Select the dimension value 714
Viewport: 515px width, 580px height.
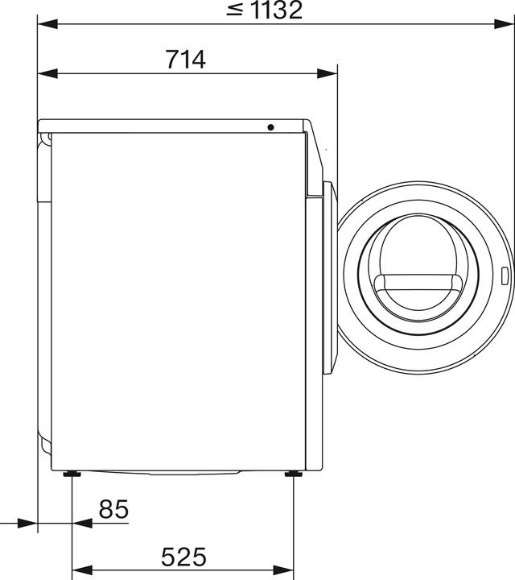186,60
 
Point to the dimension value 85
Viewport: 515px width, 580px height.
113,510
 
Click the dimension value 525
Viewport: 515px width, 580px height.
183,557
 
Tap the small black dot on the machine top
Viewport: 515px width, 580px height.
270,127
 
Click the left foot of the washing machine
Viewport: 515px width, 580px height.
72,474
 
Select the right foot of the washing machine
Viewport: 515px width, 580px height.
291,474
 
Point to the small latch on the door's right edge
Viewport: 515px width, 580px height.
504,276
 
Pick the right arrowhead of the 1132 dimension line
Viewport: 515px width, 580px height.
506,23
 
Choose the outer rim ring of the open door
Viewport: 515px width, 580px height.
426,201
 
